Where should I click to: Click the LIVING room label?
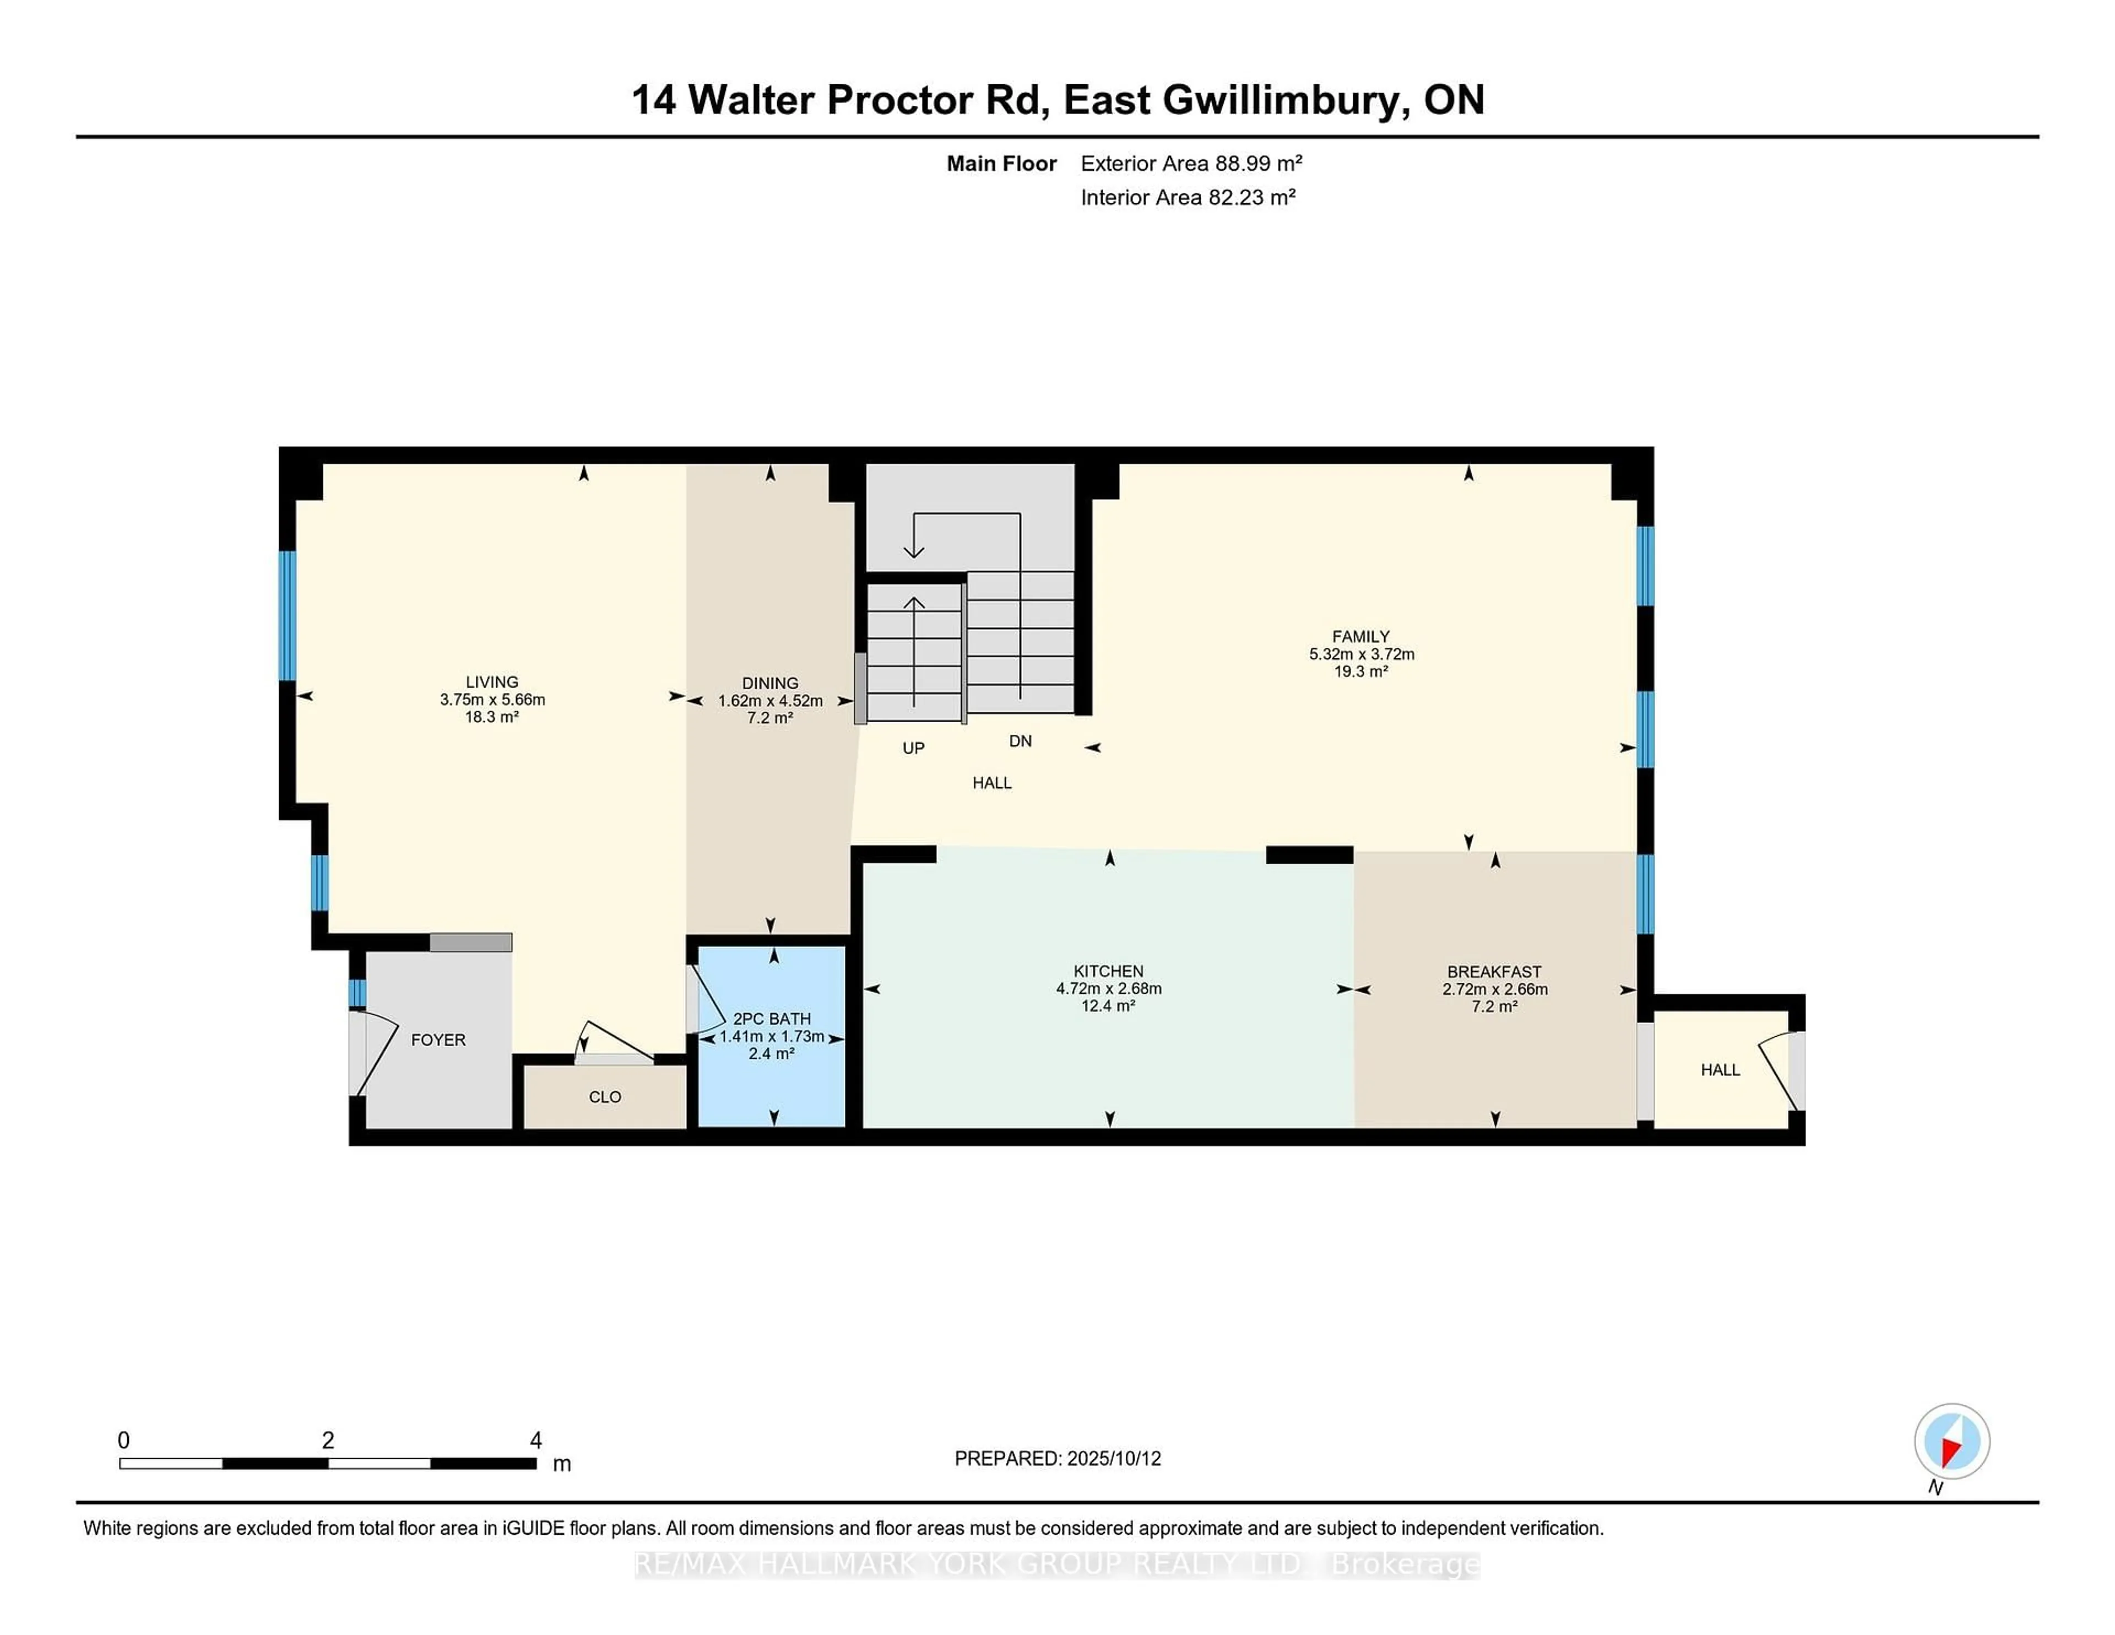(492, 682)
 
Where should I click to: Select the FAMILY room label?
(1360, 636)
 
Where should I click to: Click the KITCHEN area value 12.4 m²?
(1108, 1006)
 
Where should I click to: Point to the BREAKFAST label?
(1494, 972)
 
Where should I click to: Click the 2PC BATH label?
(772, 1019)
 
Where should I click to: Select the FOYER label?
(438, 1040)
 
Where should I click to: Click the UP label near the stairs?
(913, 748)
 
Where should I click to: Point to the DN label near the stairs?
(1019, 741)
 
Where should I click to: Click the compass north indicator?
(1951, 1441)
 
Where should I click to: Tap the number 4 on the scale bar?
(535, 1441)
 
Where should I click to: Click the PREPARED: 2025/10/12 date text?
(1057, 1459)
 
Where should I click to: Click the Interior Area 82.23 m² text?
(1187, 198)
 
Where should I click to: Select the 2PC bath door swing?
(707, 1000)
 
